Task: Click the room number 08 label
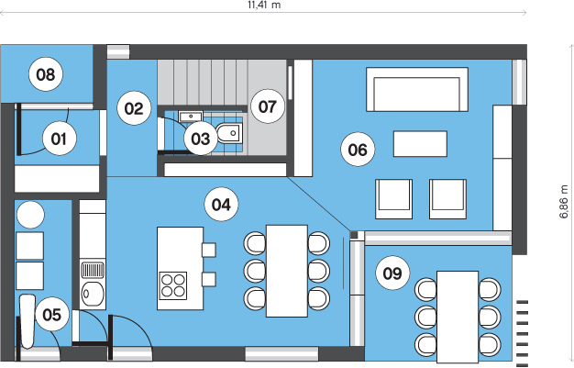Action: coord(46,74)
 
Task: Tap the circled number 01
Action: coord(59,139)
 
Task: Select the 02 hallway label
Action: coord(134,108)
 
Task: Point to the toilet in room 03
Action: coord(229,133)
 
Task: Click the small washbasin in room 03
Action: coord(191,117)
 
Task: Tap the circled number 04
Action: coord(222,204)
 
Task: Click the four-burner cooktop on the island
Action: coord(173,285)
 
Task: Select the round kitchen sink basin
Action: coord(93,294)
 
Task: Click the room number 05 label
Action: coord(51,315)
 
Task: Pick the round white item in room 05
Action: coord(30,215)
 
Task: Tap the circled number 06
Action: coord(358,150)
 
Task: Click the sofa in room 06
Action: coord(417,89)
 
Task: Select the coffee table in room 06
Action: coord(420,144)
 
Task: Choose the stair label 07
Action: coord(268,106)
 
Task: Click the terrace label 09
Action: coord(392,273)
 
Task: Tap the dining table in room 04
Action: coord(287,271)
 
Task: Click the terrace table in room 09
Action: coord(458,317)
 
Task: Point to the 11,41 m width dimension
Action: coord(264,6)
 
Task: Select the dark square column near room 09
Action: coord(354,235)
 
